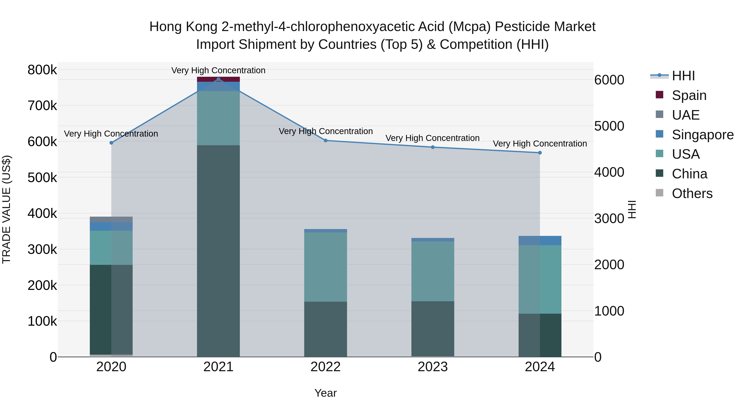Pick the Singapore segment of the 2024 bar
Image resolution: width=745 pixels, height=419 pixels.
(x=540, y=241)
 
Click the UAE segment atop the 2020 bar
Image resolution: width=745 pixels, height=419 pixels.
(x=111, y=220)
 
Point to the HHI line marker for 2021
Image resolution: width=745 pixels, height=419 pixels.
(x=218, y=79)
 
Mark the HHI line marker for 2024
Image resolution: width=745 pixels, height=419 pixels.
(x=540, y=153)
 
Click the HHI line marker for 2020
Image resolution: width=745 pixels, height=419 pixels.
(x=111, y=143)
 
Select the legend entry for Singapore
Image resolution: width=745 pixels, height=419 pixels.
(x=703, y=135)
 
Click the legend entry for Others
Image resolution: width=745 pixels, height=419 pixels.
(x=692, y=193)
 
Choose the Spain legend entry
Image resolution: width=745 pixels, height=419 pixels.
(x=689, y=95)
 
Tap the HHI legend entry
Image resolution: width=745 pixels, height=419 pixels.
(x=683, y=76)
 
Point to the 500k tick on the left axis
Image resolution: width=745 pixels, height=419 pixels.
(x=42, y=178)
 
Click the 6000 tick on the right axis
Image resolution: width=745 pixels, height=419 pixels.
(x=609, y=80)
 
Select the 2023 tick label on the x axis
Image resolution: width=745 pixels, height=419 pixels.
(x=433, y=367)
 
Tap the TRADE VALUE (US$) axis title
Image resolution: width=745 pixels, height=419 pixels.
(x=6, y=209)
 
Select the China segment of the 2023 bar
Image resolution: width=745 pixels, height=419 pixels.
(x=433, y=329)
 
